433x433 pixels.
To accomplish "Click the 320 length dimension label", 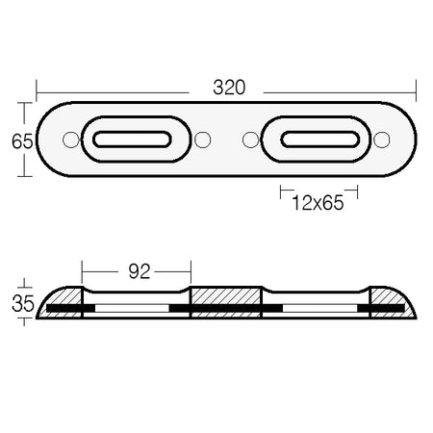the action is (x=229, y=88).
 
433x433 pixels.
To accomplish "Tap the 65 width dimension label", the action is (x=22, y=141).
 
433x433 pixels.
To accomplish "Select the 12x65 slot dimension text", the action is (x=318, y=203).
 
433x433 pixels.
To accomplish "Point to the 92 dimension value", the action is (x=140, y=271).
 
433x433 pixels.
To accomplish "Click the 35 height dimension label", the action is (x=23, y=303).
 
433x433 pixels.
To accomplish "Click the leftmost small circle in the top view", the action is (x=71, y=140).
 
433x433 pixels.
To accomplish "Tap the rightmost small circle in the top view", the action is (x=382, y=140).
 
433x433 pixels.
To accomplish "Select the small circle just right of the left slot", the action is (x=203, y=140).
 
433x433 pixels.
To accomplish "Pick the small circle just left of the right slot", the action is (x=250, y=140).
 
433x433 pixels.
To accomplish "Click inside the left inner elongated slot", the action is (x=132, y=140).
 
